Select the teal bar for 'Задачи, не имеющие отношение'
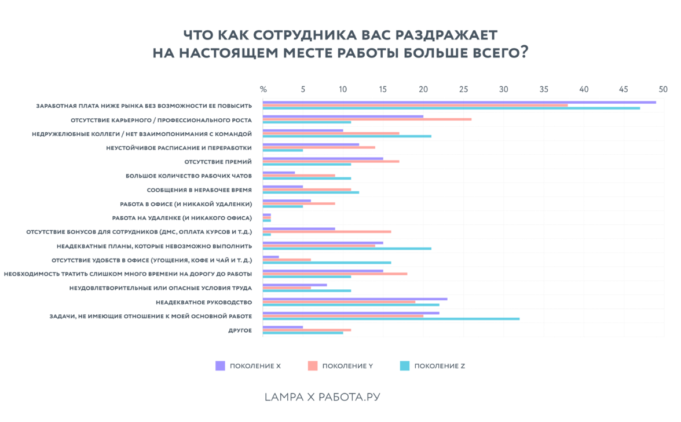pyautogui.click(x=391, y=319)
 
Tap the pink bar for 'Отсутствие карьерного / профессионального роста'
pyautogui.click(x=367, y=119)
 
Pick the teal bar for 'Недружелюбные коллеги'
pyautogui.click(x=347, y=136)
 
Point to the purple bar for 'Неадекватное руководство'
pyautogui.click(x=355, y=299)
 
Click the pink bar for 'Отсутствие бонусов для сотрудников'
pyautogui.click(x=327, y=231)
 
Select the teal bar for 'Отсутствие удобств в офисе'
pyautogui.click(x=327, y=263)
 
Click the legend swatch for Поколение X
pyautogui.click(x=220, y=366)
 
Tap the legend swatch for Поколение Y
pyautogui.click(x=313, y=366)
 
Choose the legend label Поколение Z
pyautogui.click(x=440, y=366)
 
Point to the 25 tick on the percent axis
pyautogui.click(x=464, y=90)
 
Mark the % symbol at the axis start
pyautogui.click(x=263, y=90)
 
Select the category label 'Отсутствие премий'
pyautogui.click(x=218, y=162)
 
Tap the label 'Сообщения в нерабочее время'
pyautogui.click(x=199, y=190)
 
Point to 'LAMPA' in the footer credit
pyautogui.click(x=283, y=397)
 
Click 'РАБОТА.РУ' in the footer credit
pyautogui.click(x=349, y=397)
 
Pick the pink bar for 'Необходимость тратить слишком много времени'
pyautogui.click(x=335, y=274)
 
